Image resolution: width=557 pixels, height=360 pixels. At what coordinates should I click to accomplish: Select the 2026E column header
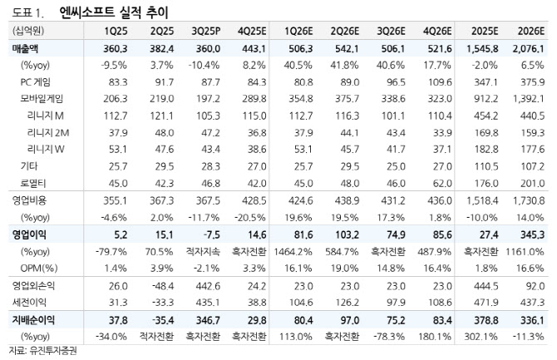click(x=529, y=32)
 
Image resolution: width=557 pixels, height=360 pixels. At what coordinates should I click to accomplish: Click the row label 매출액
click(x=26, y=48)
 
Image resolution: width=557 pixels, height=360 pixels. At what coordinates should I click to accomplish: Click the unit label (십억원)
click(x=25, y=32)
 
